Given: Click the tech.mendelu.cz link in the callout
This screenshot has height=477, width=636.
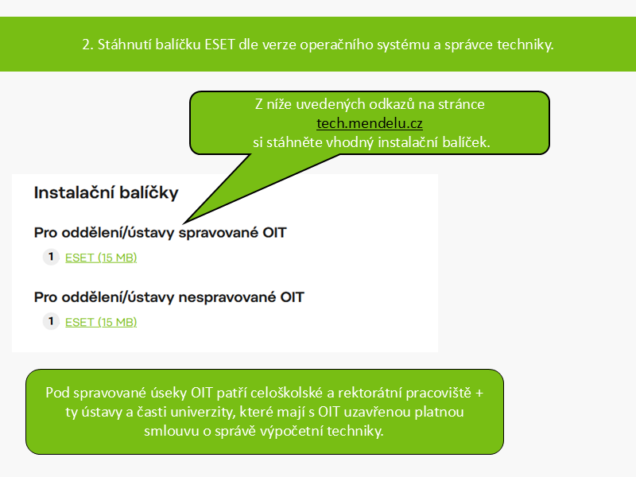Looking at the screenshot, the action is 370,123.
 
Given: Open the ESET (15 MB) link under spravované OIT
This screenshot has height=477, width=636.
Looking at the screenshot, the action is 101,258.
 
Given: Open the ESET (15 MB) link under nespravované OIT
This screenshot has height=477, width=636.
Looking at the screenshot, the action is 101,322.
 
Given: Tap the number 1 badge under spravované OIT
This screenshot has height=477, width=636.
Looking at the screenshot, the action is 51,257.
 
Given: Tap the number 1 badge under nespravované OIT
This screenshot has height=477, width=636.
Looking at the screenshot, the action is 51,321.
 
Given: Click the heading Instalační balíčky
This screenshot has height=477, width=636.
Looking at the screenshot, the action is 107,192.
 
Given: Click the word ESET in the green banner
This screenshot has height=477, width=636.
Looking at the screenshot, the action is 219,45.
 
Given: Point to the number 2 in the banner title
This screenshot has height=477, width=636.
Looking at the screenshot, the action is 86,45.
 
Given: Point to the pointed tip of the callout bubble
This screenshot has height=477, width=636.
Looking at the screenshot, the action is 184,223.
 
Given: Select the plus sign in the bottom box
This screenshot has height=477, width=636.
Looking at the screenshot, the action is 479,393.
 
